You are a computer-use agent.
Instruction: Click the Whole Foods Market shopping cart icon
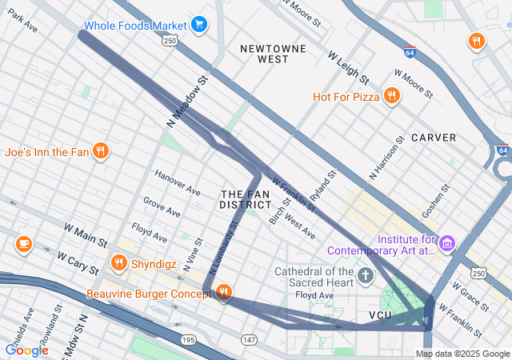click(x=199, y=25)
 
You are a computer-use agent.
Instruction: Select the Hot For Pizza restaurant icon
click(x=391, y=97)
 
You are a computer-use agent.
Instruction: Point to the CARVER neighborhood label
click(x=434, y=138)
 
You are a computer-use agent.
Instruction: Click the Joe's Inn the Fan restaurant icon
click(x=100, y=151)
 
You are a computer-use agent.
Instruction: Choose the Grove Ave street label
click(x=162, y=206)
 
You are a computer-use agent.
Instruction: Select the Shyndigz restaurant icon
click(x=119, y=262)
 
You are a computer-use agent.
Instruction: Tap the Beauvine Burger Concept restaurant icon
click(x=224, y=294)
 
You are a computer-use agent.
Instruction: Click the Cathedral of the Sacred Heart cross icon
click(x=366, y=278)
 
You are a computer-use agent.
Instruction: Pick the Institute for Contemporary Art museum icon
click(x=447, y=242)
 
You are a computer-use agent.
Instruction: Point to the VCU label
click(x=381, y=316)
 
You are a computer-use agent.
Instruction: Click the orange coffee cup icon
click(x=23, y=243)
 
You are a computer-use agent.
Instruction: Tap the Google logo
click(x=27, y=350)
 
